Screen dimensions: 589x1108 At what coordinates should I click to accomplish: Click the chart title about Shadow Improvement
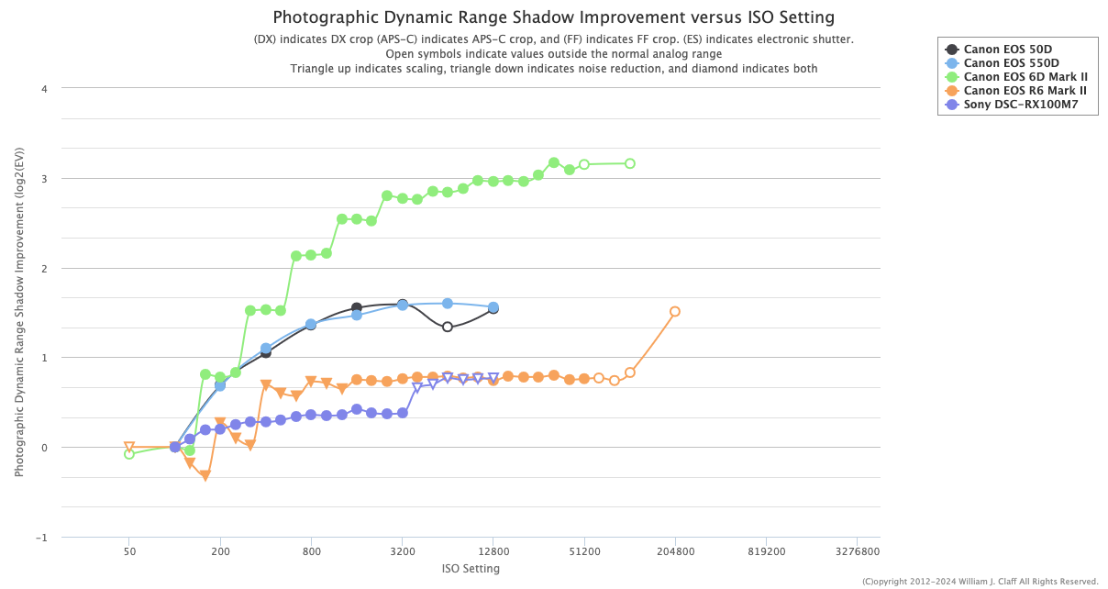pyautogui.click(x=554, y=17)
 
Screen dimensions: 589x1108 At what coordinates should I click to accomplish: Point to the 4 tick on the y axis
pyautogui.click(x=43, y=89)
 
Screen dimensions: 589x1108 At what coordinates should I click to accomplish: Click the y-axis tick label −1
pyautogui.click(x=41, y=538)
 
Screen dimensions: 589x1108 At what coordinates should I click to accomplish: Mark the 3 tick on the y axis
pyautogui.click(x=43, y=179)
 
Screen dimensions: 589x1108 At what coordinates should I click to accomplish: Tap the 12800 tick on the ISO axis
pyautogui.click(x=493, y=553)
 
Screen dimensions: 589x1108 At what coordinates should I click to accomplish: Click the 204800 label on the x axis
pyautogui.click(x=675, y=553)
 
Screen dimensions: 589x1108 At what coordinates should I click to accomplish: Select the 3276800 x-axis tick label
pyautogui.click(x=857, y=553)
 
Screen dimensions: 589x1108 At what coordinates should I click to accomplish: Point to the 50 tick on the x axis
pyautogui.click(x=129, y=553)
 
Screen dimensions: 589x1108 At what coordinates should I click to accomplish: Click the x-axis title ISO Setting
pyautogui.click(x=471, y=569)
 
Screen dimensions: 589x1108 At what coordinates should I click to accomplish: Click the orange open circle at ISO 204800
pyautogui.click(x=675, y=312)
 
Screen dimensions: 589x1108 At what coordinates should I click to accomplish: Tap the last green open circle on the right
pyautogui.click(x=630, y=163)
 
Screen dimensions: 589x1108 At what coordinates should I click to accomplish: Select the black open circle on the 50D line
pyautogui.click(x=448, y=328)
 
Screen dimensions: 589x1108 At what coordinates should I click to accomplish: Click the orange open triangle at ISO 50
pyautogui.click(x=129, y=447)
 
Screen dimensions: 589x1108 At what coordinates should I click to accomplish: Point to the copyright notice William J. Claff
pyautogui.click(x=980, y=582)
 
